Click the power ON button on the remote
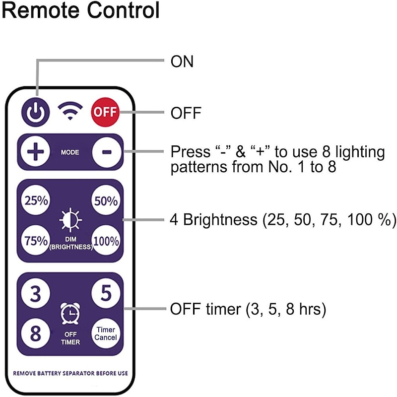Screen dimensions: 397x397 (x=36, y=112)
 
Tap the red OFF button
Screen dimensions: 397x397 (x=105, y=112)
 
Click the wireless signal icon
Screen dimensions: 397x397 (x=70, y=112)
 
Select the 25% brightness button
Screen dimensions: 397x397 (x=36, y=201)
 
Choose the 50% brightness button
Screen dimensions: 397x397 (x=105, y=201)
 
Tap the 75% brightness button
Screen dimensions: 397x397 (x=36, y=241)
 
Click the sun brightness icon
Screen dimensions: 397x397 (x=70, y=220)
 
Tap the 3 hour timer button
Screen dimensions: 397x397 (x=36, y=294)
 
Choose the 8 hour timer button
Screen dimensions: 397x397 (x=36, y=333)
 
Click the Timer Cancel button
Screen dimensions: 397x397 (x=106, y=333)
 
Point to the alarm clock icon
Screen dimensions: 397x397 (x=70, y=313)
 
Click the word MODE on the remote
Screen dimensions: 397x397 (x=70, y=151)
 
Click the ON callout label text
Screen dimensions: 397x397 (x=182, y=62)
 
